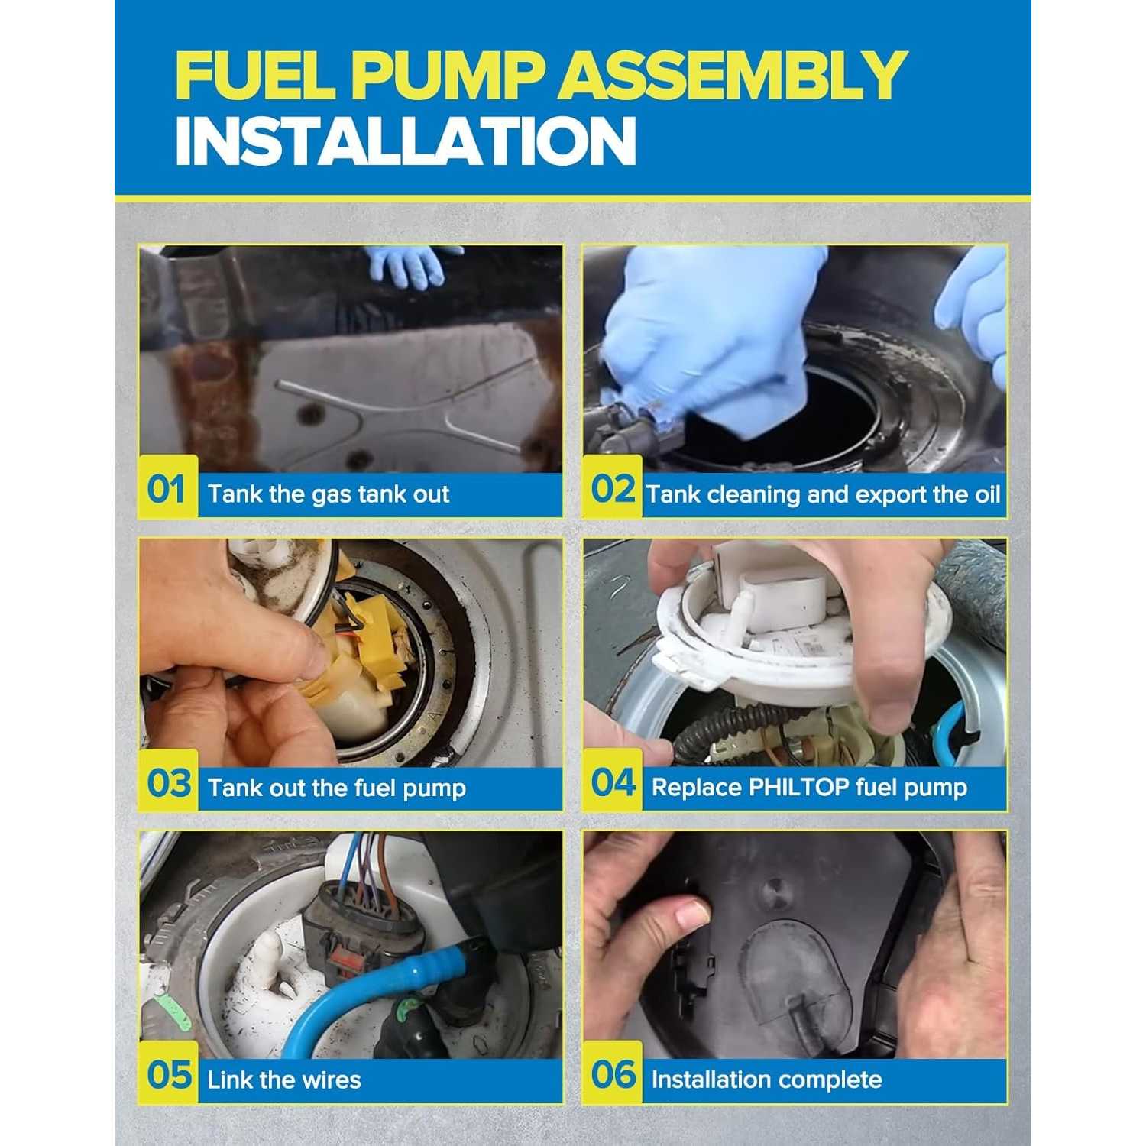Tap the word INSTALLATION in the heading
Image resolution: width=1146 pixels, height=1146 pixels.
coord(406,141)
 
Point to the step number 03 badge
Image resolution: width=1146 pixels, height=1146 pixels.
coord(168,782)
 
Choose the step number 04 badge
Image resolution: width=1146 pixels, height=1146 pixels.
coord(613,782)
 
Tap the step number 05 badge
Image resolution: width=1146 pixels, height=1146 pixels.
coord(168,1073)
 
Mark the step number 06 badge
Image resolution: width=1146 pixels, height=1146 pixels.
coord(613,1073)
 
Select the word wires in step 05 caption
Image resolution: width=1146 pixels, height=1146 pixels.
coord(326,1080)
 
